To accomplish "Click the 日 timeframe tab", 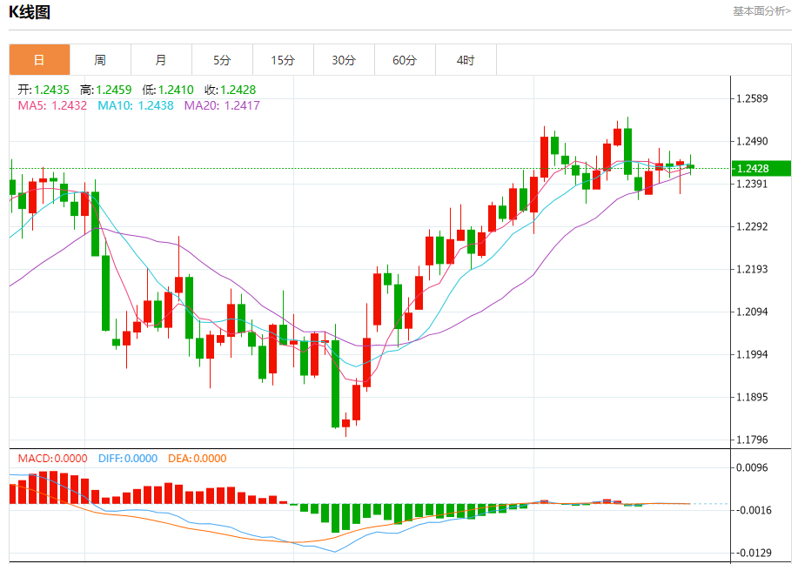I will pos(39,60).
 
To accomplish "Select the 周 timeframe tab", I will pos(100,60).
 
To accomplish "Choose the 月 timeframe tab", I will pos(161,60).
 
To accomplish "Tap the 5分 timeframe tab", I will pos(222,60).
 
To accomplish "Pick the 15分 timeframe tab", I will pos(283,60).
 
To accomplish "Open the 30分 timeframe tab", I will pos(344,60).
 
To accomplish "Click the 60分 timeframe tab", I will pos(405,60).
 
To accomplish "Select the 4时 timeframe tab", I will pos(466,60).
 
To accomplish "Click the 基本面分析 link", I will pos(761,11).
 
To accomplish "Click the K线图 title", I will pos(30,12).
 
